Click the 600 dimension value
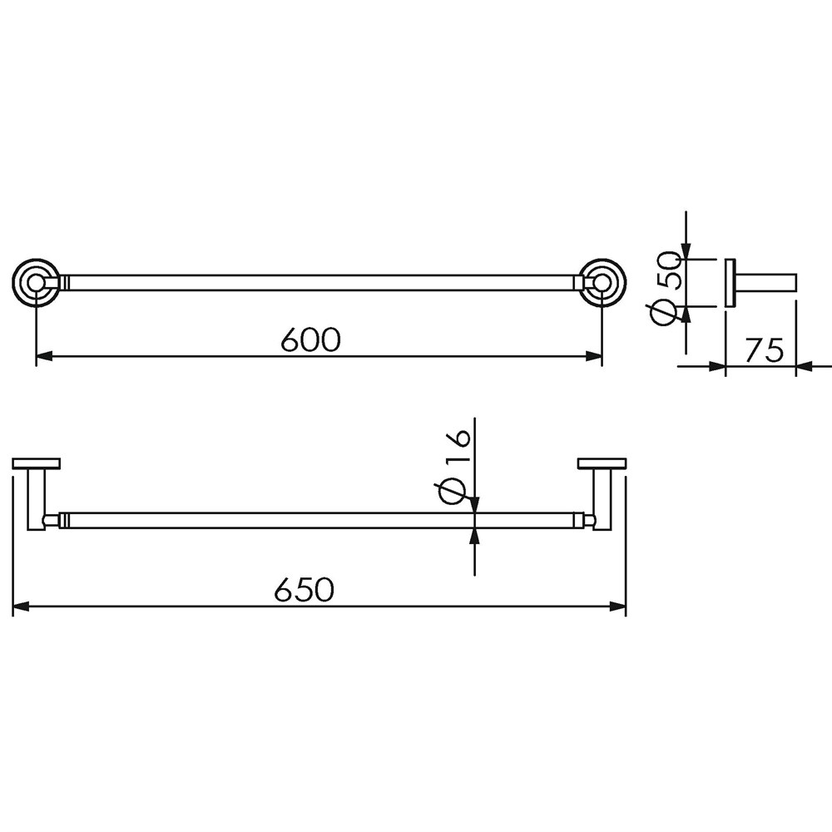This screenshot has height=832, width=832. click(x=310, y=339)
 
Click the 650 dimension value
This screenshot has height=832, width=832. click(x=304, y=589)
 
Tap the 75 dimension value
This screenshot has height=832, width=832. click(x=764, y=349)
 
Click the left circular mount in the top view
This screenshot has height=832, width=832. click(x=36, y=283)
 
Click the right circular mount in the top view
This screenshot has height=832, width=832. click(x=602, y=283)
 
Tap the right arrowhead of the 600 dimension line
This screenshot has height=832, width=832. click(x=593, y=356)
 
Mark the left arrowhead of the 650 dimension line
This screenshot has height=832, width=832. click(x=21, y=606)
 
